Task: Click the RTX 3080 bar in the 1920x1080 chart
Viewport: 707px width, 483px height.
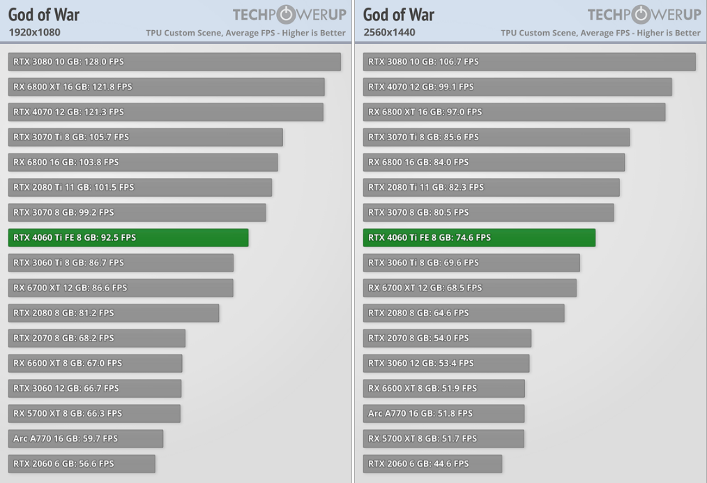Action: coord(174,61)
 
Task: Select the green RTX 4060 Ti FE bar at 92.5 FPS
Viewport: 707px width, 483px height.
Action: coord(128,237)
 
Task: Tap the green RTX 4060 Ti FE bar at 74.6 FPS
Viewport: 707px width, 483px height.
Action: coord(479,237)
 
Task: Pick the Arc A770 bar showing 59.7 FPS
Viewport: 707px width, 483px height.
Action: coord(86,438)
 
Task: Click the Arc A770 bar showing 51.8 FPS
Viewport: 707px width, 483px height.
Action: coord(443,413)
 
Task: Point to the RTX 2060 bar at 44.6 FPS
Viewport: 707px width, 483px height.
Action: coord(432,463)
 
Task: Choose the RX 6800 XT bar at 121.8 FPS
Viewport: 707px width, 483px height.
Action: coord(167,87)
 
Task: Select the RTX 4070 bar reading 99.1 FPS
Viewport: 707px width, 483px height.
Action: coord(517,87)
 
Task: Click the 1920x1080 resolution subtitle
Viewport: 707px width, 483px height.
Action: coord(34,32)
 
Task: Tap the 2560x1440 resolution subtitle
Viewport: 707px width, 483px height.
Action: coord(389,32)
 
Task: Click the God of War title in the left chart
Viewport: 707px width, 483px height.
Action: coord(44,15)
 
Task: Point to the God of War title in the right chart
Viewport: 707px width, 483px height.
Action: coord(399,15)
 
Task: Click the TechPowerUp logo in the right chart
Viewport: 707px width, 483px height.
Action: coord(644,15)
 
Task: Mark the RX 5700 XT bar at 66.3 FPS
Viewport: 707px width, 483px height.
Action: coord(94,413)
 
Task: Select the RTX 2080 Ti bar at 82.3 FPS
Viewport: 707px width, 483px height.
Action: coord(491,187)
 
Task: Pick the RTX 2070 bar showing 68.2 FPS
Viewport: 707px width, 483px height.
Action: coord(97,338)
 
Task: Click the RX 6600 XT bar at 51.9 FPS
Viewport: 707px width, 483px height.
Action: coord(443,388)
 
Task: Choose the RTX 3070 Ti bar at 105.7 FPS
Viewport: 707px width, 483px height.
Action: coord(146,137)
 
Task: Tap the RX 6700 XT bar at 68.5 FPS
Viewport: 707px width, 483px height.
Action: coord(470,288)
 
